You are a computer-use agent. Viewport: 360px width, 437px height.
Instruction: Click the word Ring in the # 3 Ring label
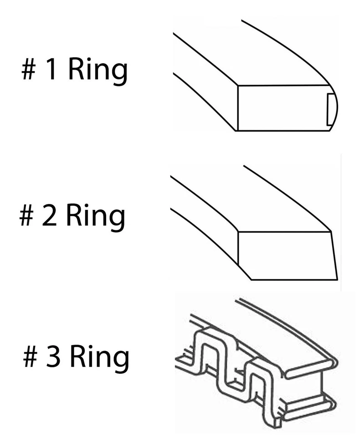(99, 357)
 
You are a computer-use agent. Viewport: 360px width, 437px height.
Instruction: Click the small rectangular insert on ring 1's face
(330, 107)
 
